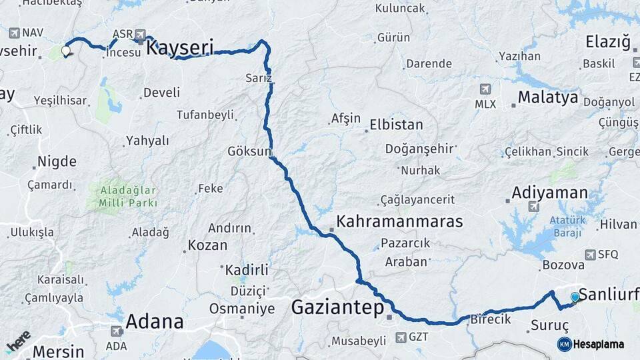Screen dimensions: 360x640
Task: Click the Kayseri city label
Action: pos(179,47)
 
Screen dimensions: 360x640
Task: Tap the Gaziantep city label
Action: pos(337,307)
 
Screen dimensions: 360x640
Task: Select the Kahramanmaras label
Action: pos(399,221)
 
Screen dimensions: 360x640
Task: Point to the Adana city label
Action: pos(154,321)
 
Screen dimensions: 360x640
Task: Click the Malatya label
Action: pos(547,97)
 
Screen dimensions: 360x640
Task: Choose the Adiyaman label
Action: pos(549,193)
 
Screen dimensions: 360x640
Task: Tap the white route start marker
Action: pos(66,50)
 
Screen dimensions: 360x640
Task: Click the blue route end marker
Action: pos(575,297)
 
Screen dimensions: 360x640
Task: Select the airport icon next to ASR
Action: pos(140,34)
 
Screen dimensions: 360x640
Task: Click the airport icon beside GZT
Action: pos(401,337)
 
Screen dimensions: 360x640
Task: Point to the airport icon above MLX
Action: pos(485,89)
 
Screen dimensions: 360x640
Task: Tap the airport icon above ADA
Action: pos(116,331)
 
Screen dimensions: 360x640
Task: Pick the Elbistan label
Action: pos(396,125)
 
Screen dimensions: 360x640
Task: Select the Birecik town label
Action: pos(491,319)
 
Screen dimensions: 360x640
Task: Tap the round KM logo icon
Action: pos(564,344)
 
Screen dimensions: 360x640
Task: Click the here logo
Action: pos(18,340)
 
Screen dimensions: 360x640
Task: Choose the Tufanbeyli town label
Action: pos(205,115)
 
